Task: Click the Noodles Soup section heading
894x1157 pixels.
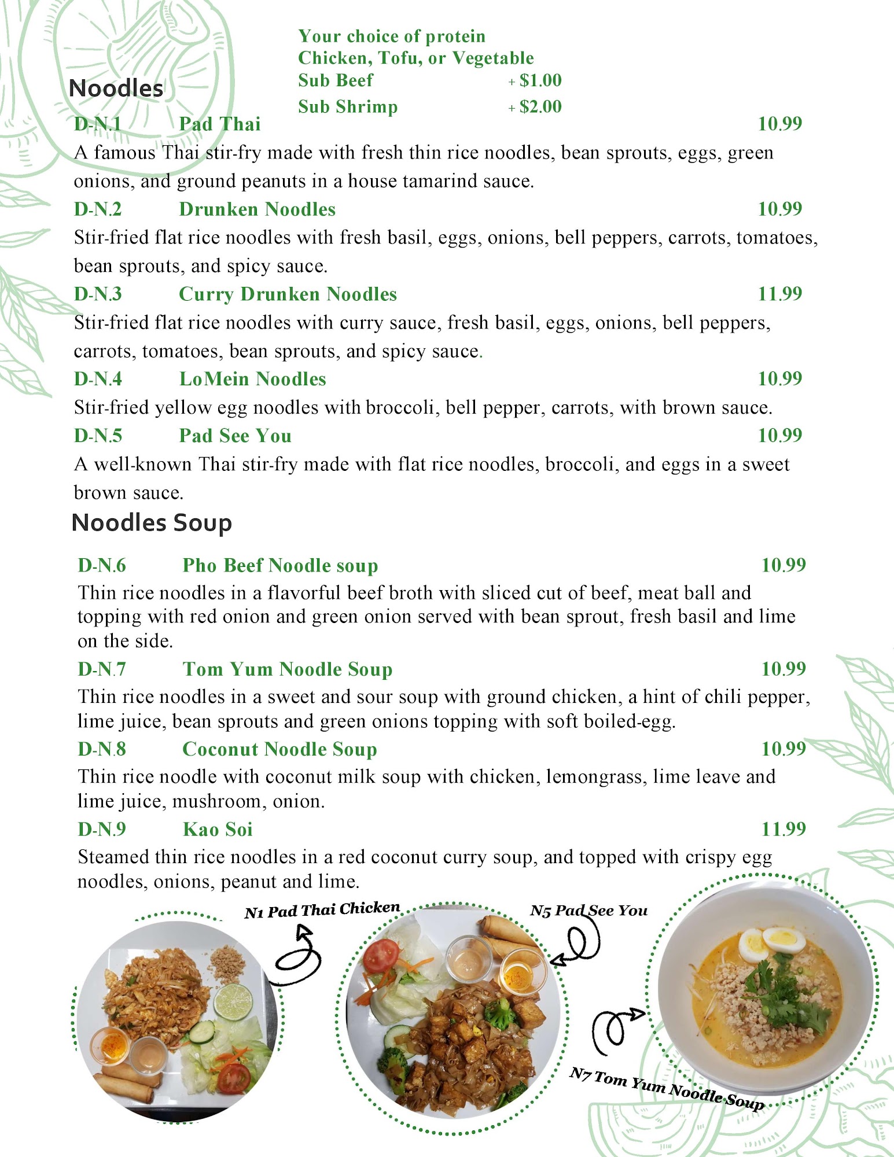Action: tap(152, 522)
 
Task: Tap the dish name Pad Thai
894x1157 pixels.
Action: tap(220, 124)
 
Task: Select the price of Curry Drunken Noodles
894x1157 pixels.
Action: tap(780, 294)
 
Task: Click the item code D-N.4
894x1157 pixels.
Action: tap(98, 379)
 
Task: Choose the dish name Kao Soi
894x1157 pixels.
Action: tap(218, 829)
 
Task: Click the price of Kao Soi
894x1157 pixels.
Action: tap(783, 829)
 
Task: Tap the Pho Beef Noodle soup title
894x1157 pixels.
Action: tap(280, 565)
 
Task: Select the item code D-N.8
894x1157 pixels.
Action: tap(102, 749)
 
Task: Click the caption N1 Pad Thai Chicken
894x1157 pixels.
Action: tap(322, 910)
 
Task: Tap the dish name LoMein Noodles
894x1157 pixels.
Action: tap(252, 379)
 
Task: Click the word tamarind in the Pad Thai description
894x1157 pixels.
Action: tap(440, 181)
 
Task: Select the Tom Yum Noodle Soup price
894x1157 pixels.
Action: tap(783, 669)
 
